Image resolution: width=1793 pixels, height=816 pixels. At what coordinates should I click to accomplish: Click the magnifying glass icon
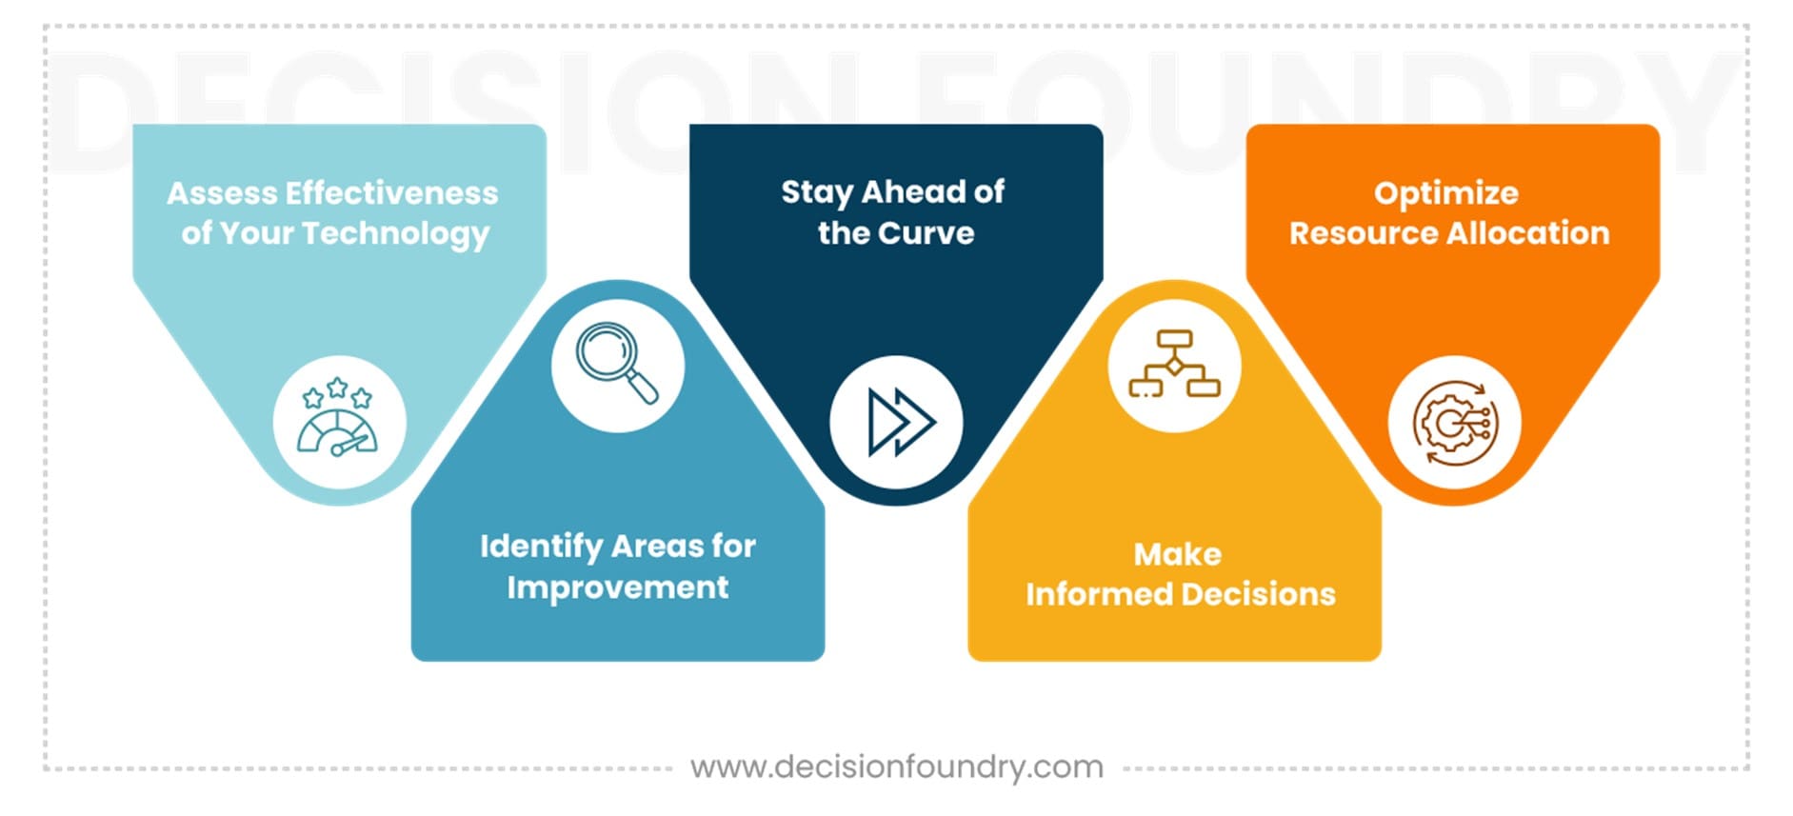point(617,364)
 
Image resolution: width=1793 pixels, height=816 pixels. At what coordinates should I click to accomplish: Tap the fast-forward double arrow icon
point(901,421)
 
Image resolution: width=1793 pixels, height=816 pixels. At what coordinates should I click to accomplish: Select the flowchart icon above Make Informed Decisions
point(1174,364)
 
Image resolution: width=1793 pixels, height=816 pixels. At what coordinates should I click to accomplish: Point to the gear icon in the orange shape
point(1455,423)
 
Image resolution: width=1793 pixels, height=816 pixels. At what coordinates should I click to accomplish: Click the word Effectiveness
point(391,193)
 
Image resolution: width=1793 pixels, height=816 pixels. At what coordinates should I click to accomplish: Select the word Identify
point(542,547)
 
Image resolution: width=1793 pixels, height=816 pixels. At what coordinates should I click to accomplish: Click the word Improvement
point(618,588)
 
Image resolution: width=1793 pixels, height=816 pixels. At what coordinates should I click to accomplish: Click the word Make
point(1177,554)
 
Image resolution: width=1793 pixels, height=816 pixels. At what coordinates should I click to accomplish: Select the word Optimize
point(1446,194)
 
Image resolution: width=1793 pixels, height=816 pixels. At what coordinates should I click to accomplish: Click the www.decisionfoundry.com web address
point(897,766)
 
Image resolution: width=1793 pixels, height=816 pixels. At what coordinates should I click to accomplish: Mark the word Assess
point(222,193)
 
